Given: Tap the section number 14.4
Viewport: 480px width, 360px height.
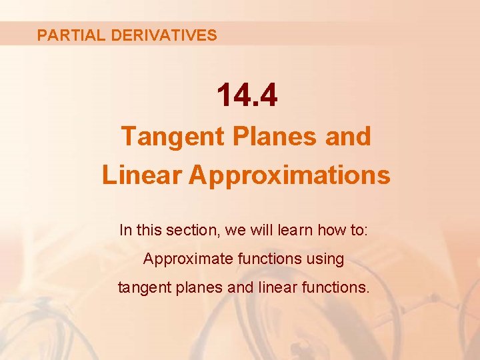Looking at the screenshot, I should point(246,97).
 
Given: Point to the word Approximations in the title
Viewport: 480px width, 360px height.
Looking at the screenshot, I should point(289,175).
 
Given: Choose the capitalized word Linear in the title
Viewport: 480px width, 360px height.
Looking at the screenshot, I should point(141,175).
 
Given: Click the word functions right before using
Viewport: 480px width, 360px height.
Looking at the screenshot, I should point(271,259).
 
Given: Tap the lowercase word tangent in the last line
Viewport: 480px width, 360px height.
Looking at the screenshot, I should point(141,288).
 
